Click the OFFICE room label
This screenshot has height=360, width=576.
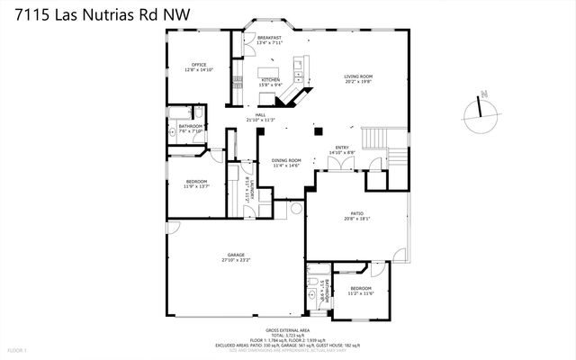199,65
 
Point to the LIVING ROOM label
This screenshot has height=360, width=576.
357,76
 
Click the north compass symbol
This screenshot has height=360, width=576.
482,109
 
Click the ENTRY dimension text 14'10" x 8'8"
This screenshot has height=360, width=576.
342,153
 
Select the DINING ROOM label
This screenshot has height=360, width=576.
286,160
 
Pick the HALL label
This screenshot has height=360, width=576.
259,115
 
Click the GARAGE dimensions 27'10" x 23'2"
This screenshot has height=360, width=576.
236,261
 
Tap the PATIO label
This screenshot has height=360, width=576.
356,213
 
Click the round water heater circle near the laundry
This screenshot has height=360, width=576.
294,209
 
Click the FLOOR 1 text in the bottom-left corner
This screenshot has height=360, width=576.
17,349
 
